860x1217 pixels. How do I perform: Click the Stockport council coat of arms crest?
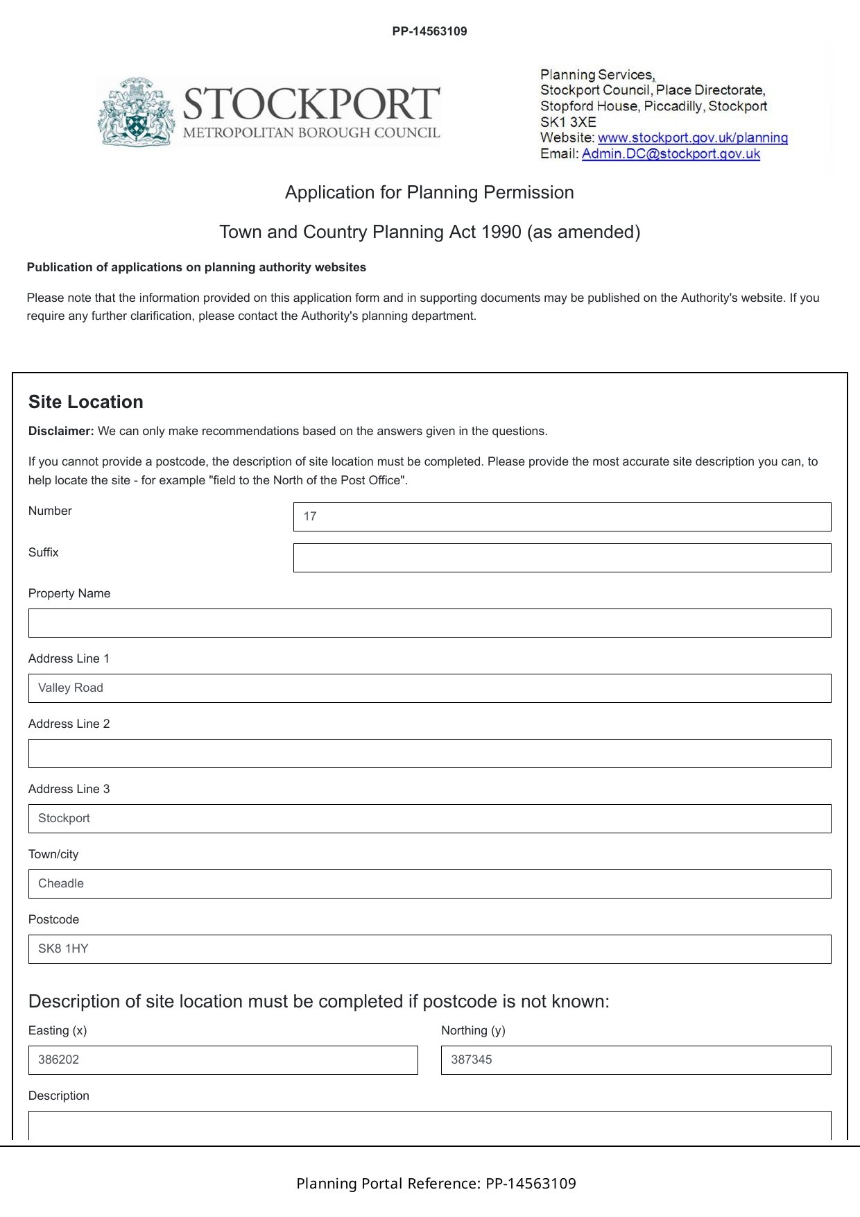135,112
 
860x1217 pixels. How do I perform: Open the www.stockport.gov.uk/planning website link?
692,137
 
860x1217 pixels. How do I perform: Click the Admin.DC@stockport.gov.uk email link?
671,153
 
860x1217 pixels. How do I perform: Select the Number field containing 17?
562,517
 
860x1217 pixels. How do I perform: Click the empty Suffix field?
562,558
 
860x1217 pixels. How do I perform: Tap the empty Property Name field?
429,623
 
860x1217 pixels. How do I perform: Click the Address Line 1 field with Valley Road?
429,688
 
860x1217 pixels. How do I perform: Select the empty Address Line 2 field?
429,754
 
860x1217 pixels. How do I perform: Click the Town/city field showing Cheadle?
429,884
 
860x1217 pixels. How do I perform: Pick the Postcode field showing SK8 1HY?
429,949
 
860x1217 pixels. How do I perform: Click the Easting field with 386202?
223,1060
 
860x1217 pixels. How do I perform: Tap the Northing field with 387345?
635,1060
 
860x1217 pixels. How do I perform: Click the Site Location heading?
86,402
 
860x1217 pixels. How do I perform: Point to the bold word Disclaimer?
61,431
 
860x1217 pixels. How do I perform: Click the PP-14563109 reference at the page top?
429,31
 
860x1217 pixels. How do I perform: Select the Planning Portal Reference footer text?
436,1183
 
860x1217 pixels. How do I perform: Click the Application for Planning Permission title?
429,192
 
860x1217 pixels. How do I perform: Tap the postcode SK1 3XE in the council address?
568,121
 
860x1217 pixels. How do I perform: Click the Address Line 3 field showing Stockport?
429,819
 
